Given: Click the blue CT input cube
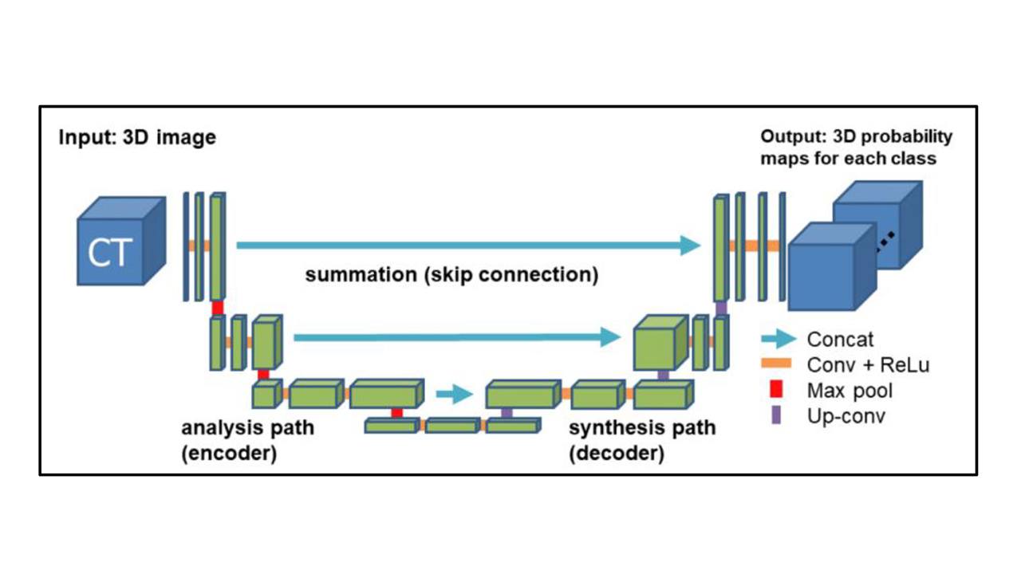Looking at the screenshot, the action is (121, 241).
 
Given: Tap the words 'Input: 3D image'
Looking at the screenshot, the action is (137, 137).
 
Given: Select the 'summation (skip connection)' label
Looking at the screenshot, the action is (451, 275).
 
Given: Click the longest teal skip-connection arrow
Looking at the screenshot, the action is (468, 245).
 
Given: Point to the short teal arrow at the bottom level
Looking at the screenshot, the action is (455, 394).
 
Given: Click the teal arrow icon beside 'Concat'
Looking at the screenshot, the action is (779, 339).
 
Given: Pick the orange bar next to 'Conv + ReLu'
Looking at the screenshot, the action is (776, 364).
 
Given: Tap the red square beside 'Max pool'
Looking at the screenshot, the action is (776, 390).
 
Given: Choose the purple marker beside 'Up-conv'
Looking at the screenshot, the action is (776, 415).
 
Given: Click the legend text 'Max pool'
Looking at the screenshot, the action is (850, 391).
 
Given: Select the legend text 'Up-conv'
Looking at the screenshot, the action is (846, 416).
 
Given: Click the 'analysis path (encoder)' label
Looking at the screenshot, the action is (248, 441).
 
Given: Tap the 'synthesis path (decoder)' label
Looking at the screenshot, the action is (642, 441).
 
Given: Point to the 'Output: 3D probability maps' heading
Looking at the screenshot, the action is (857, 147).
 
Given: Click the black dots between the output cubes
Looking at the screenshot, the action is (885, 242).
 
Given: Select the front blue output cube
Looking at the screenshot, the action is (832, 267).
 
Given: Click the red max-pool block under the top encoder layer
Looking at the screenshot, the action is (218, 308).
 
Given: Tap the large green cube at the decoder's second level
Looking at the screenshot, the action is (660, 343).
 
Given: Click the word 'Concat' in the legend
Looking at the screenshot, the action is (840, 340).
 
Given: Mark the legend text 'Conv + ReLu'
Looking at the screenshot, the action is (868, 365).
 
